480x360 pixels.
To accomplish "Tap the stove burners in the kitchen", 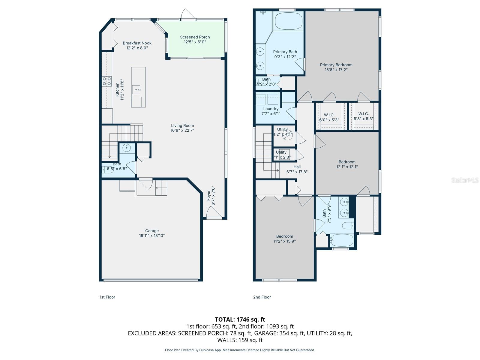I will click(107, 81).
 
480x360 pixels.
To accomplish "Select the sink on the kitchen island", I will click(137, 89).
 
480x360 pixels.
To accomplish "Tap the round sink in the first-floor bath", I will click(127, 148).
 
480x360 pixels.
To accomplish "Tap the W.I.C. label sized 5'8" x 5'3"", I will click(364, 116).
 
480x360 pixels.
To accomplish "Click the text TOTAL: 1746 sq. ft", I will click(240, 319).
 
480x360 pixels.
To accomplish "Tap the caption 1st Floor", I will click(107, 297).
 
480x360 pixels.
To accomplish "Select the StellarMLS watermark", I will click(465, 180).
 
